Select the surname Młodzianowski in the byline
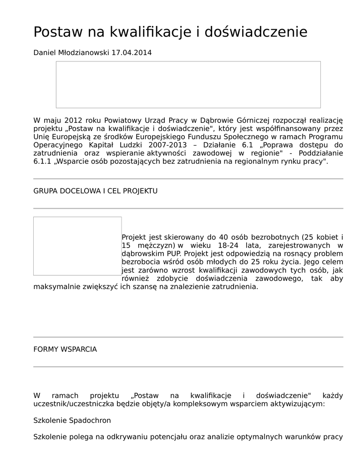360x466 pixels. pyautogui.click(x=84, y=52)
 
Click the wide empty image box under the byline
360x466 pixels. pyautogui.click(x=188, y=85)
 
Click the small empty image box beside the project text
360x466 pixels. pyautogui.click(x=77, y=246)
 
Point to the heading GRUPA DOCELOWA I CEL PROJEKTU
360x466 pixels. pyautogui.click(x=96, y=191)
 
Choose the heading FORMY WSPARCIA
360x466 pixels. pyautogui.click(x=65, y=349)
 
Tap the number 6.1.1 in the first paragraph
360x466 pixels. pyautogui.click(x=43, y=161)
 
